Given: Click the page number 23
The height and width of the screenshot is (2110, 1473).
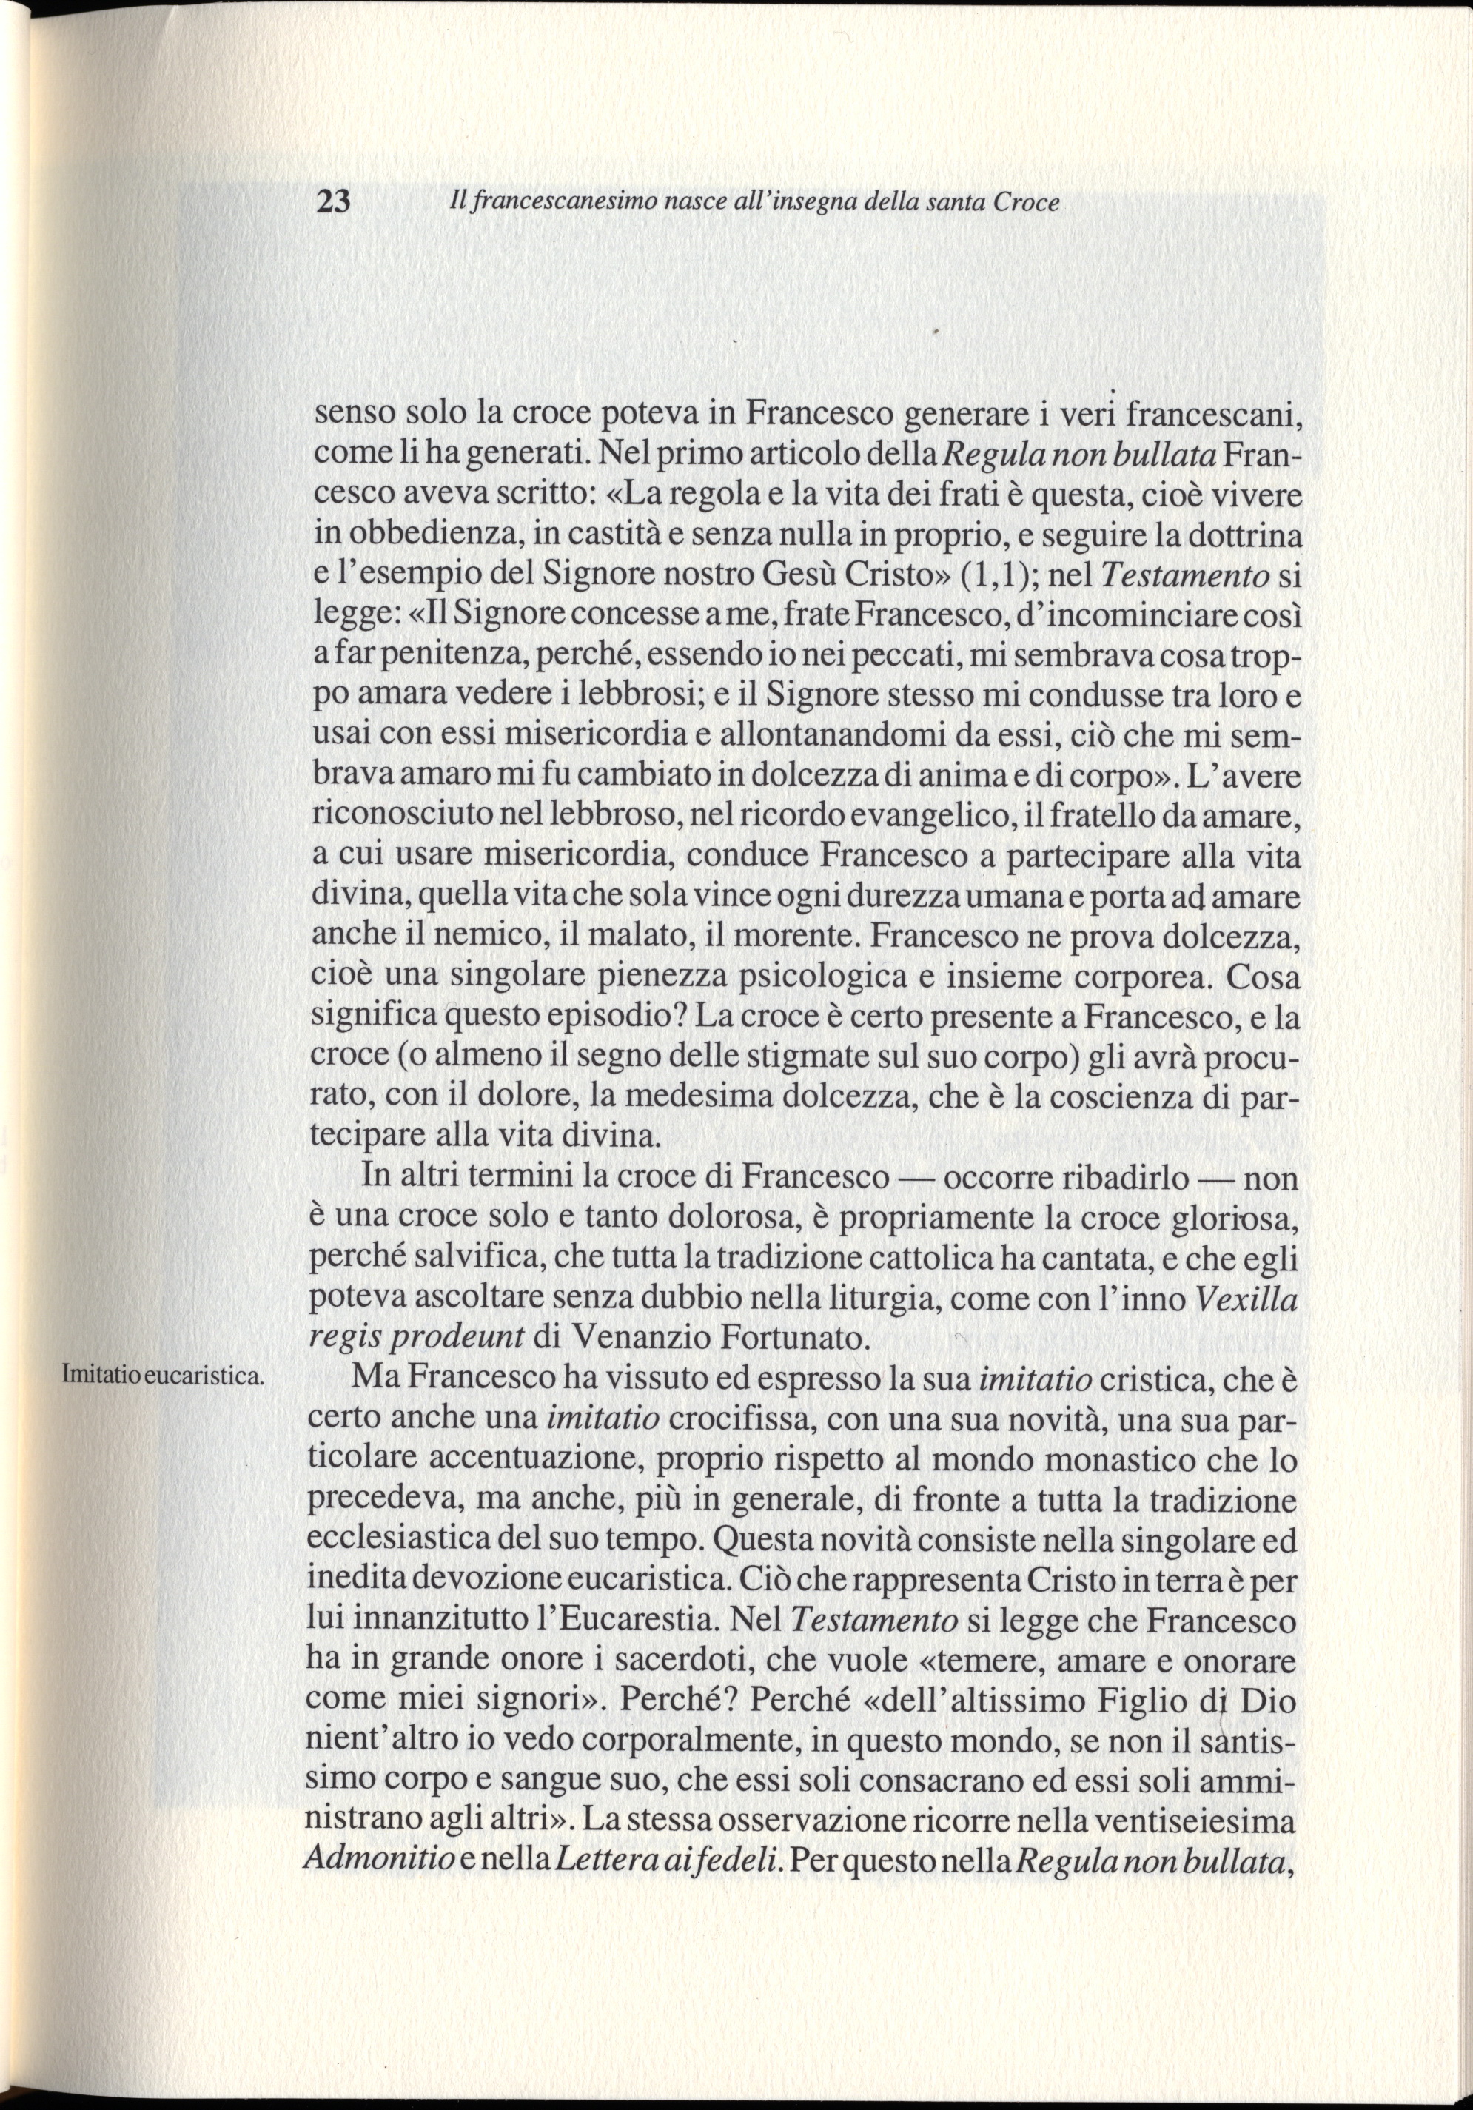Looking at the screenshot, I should click(x=332, y=202).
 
